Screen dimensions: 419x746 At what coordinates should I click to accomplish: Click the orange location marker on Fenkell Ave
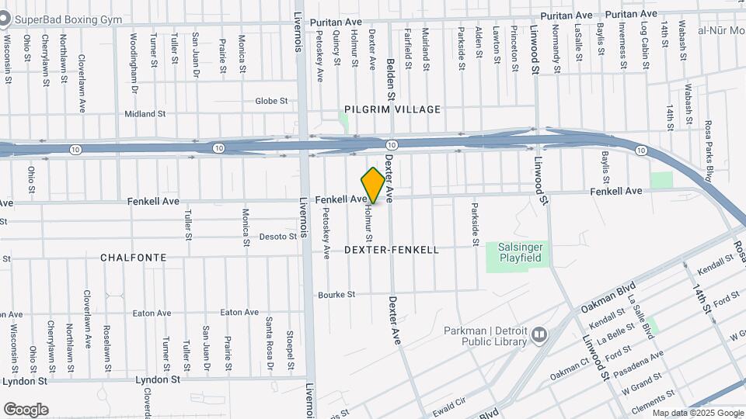[x=373, y=185]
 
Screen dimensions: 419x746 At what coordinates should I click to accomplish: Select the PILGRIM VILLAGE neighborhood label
[x=392, y=109]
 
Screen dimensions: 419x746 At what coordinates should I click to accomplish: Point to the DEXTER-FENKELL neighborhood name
[x=391, y=250]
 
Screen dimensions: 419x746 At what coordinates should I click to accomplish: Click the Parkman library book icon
[x=539, y=335]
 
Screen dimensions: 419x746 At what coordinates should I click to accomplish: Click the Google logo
[x=26, y=409]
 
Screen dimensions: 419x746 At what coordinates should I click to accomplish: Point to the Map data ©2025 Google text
[x=698, y=413]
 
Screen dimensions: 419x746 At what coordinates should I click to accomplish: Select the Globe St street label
[x=271, y=101]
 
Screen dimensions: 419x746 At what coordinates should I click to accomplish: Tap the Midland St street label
[x=145, y=113]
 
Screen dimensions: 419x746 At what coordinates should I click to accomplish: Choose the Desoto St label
[x=274, y=237]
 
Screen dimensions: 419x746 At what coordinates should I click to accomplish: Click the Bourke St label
[x=336, y=295]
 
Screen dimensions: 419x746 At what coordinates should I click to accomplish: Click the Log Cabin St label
[x=645, y=46]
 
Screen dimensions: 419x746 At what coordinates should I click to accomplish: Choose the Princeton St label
[x=514, y=48]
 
